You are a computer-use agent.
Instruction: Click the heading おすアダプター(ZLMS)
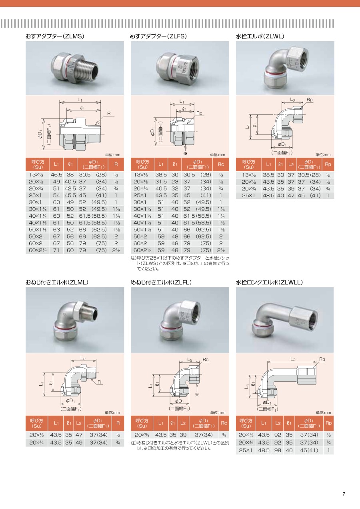(55, 36)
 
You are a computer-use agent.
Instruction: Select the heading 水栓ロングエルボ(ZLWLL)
(269, 282)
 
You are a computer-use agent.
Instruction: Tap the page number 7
(344, 494)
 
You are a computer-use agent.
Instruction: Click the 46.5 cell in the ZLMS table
(56, 175)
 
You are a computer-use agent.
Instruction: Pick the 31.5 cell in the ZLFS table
(161, 182)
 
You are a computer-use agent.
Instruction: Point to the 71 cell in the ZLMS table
(56, 250)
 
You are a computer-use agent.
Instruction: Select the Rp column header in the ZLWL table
(328, 164)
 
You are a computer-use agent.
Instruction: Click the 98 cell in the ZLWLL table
(278, 450)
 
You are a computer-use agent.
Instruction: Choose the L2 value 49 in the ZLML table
(79, 443)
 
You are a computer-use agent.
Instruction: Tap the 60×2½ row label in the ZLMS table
(38, 250)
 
